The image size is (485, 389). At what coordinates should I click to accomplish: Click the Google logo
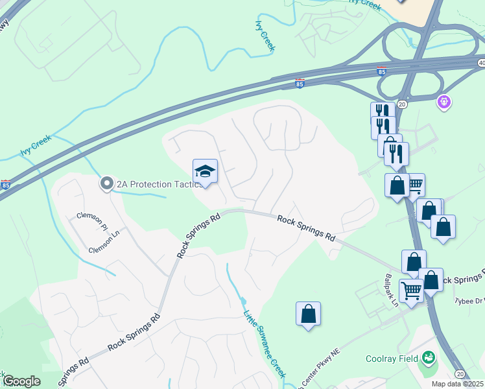(x=21, y=381)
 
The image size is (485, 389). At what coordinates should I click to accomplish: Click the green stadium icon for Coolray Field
(x=428, y=357)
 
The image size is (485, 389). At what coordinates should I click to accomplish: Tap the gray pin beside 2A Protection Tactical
(x=106, y=184)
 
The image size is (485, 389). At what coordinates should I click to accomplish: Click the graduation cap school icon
(x=205, y=172)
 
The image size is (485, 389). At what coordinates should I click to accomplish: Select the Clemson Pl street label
(x=92, y=221)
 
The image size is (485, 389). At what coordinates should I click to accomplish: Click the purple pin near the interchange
(x=444, y=101)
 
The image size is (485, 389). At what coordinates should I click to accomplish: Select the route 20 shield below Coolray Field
(x=460, y=373)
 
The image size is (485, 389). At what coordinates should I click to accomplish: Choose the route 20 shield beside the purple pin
(x=402, y=104)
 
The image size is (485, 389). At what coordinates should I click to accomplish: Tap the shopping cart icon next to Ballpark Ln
(x=411, y=291)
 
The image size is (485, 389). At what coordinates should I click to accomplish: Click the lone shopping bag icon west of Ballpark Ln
(x=308, y=314)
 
